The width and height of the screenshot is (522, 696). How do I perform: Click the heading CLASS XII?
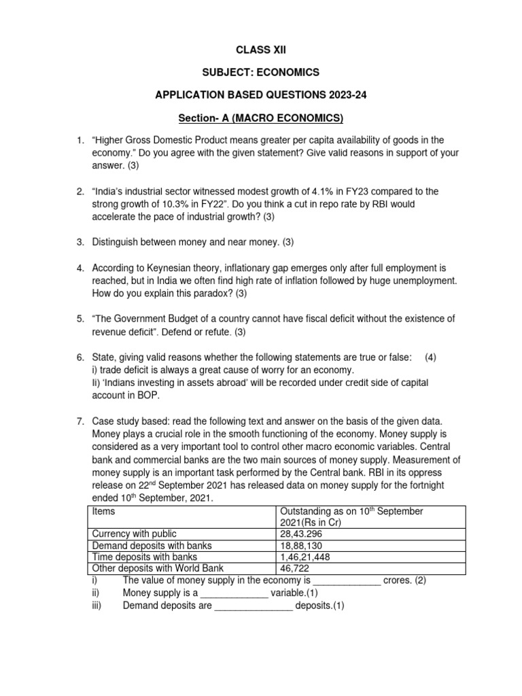point(260,49)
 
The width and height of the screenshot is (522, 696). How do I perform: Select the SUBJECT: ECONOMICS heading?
point(260,72)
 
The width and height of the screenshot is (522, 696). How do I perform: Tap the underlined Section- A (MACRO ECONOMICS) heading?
point(260,118)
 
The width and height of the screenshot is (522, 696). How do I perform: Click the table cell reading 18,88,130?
point(302,545)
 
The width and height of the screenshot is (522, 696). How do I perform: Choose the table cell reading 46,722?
point(296,569)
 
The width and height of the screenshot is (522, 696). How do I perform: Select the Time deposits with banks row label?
point(139,557)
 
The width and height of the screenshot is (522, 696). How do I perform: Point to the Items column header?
point(103,510)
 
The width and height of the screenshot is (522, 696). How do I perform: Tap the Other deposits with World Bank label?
point(158,569)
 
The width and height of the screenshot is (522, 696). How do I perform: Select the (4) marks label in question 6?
point(430,358)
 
